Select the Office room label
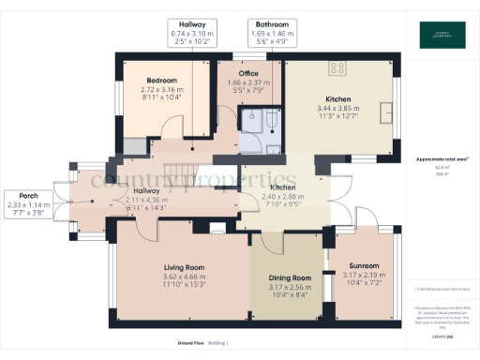248,73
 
